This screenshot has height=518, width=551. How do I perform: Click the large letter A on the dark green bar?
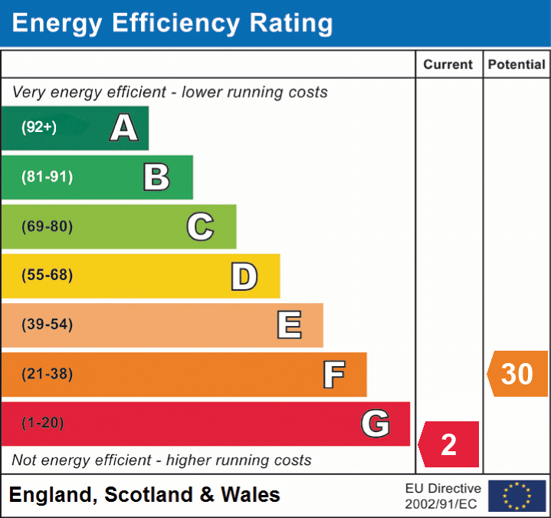123,127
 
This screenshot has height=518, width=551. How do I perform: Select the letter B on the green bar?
156,177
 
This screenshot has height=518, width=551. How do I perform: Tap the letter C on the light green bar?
200,226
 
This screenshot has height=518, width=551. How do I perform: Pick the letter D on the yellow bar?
244,275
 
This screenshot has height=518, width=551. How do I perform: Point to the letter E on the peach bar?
289,325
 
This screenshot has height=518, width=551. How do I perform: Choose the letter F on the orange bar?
333,374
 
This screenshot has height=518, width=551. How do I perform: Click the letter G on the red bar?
376,424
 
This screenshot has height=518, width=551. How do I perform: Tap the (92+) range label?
39,127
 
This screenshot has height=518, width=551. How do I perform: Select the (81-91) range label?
48,177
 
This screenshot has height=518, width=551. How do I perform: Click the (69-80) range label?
48,226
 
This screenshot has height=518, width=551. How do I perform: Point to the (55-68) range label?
48,275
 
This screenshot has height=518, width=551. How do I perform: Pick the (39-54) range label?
48,325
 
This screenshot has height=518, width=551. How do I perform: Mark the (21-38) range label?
48,374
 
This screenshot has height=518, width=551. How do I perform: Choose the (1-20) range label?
43,424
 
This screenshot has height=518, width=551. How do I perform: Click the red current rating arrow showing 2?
449,444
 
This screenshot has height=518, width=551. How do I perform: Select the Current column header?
448,65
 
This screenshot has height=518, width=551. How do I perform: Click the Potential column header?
517,65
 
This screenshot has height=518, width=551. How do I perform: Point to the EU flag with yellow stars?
517,496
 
